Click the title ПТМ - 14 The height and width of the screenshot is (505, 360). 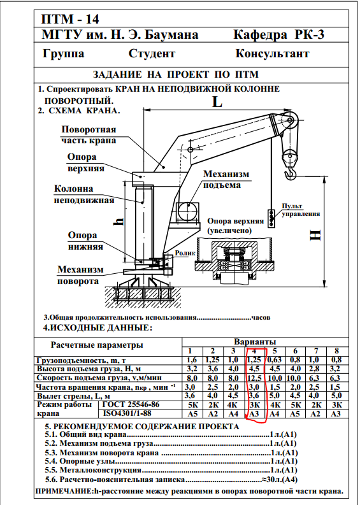pos(70,20)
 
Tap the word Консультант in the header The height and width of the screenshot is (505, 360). pos(272,53)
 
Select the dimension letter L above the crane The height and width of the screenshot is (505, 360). pos(217,102)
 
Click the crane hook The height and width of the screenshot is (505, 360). pos(290,172)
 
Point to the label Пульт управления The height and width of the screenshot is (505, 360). pos(301,210)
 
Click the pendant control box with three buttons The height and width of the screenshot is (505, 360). pos(271,218)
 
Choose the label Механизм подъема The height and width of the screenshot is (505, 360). pos(226,180)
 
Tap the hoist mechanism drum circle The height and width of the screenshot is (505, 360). pos(188,211)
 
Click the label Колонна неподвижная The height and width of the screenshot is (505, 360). pos(84,194)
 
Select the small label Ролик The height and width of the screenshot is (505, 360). pos(185,253)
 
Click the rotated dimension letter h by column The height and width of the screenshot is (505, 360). pos(119,222)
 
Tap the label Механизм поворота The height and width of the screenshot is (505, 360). pos(80,275)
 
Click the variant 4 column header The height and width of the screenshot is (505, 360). pos(254,351)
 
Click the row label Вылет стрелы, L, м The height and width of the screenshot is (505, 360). pos(74,396)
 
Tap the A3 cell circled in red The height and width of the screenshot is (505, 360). pos(255,414)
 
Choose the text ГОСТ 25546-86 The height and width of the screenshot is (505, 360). pos(131,404)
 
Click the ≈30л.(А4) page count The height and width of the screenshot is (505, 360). pos(279,480)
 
